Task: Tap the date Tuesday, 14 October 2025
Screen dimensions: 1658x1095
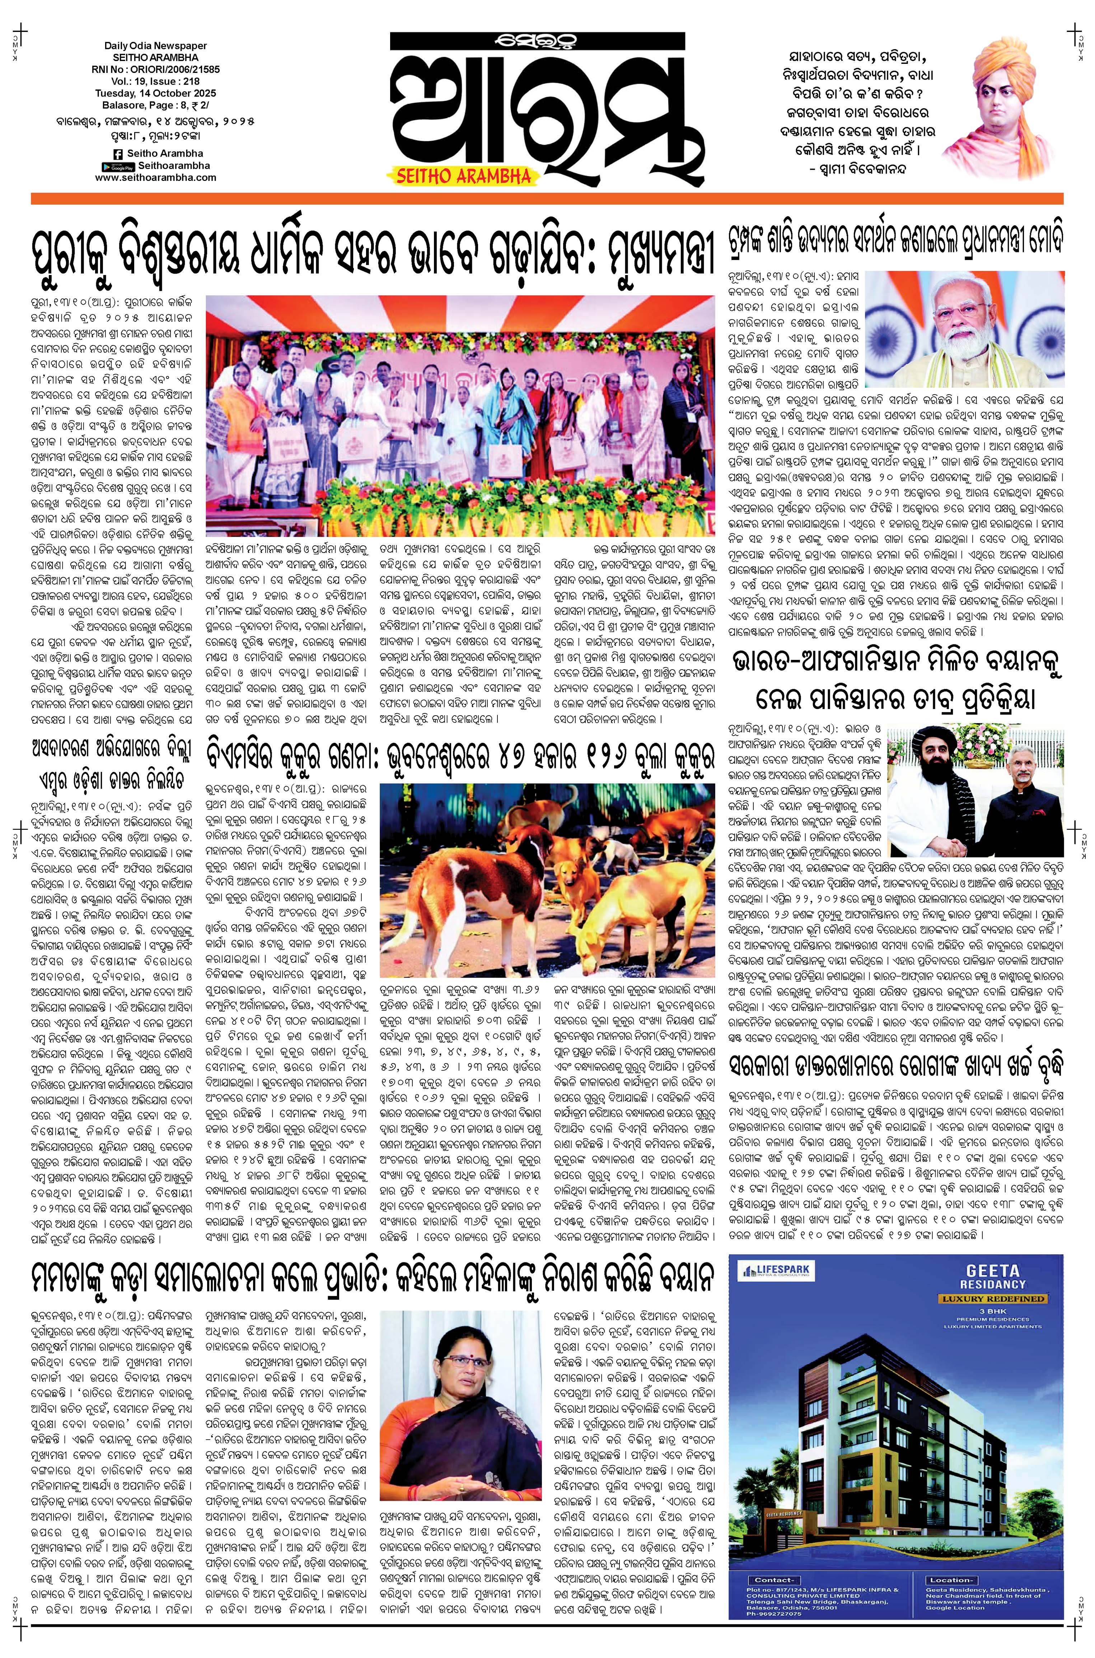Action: (x=156, y=93)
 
